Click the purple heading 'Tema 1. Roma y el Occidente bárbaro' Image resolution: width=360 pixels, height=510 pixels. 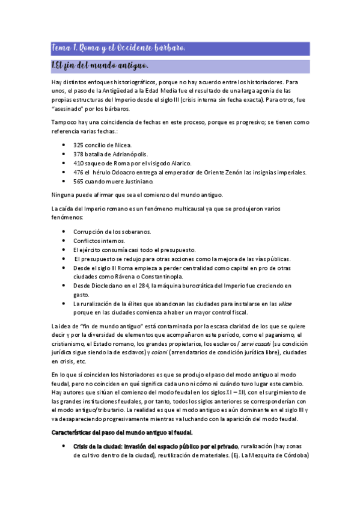tap(119, 48)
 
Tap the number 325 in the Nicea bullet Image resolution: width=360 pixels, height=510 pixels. tap(79, 145)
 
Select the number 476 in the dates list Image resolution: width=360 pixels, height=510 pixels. tap(79, 172)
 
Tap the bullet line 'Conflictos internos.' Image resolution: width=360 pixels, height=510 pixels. tap(100, 241)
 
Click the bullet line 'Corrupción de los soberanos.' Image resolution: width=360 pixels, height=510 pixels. tap(112, 232)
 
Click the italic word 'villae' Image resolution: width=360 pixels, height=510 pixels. tap(285, 303)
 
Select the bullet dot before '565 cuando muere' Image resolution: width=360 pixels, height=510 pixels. tap(64, 181)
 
